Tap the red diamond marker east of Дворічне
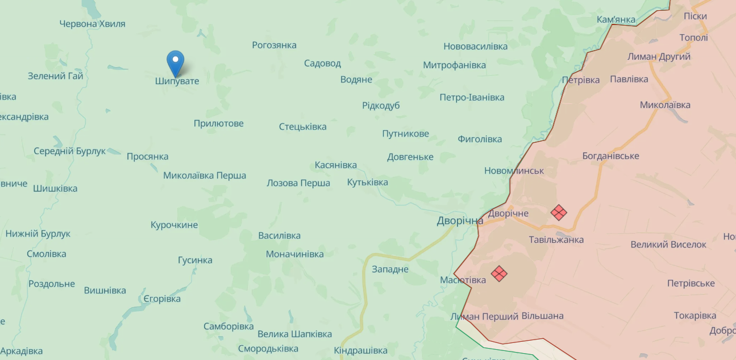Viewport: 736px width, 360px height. pyautogui.click(x=559, y=213)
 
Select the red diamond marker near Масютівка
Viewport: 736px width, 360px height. pyautogui.click(x=499, y=274)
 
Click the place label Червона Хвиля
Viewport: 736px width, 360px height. pyautogui.click(x=93, y=24)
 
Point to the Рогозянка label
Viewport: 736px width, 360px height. pyautogui.click(x=275, y=45)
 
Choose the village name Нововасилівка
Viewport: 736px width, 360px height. pyautogui.click(x=476, y=46)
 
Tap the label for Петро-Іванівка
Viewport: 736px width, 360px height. pyautogui.click(x=472, y=97)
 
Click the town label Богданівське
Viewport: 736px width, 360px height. pyautogui.click(x=610, y=156)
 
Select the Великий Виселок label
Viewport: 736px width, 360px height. pyautogui.click(x=668, y=245)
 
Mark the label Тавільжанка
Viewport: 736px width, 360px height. pyautogui.click(x=556, y=239)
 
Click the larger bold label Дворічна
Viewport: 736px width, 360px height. pyautogui.click(x=460, y=221)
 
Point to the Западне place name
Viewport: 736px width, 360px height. pyautogui.click(x=390, y=269)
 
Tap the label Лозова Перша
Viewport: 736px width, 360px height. pyautogui.click(x=298, y=183)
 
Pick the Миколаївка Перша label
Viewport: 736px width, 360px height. pyautogui.click(x=205, y=175)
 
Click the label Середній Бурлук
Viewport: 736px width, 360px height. pyautogui.click(x=70, y=151)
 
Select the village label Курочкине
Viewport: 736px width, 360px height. pyautogui.click(x=174, y=225)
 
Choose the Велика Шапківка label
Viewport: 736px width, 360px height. pyautogui.click(x=294, y=334)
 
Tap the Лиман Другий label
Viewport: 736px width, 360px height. pyautogui.click(x=659, y=57)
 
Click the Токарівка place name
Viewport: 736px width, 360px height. pyautogui.click(x=695, y=315)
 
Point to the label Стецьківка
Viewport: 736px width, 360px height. pyautogui.click(x=302, y=126)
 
